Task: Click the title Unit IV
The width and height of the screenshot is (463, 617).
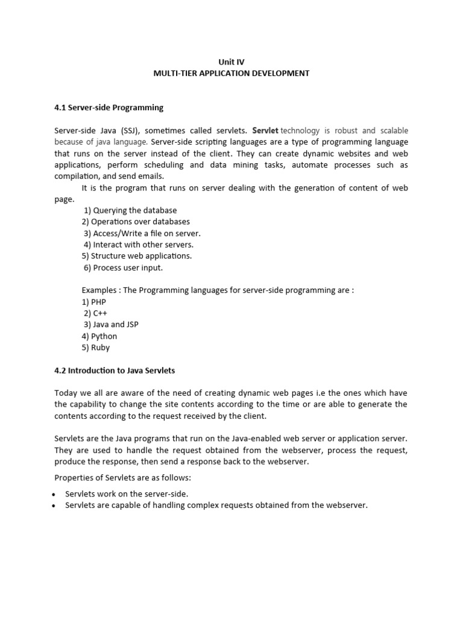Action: point(231,61)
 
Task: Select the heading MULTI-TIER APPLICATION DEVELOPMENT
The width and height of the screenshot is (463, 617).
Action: point(231,73)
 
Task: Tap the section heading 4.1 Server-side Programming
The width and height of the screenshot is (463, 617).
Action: point(109,108)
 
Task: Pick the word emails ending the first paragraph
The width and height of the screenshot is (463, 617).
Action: point(151,177)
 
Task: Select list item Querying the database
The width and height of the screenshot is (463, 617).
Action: point(130,210)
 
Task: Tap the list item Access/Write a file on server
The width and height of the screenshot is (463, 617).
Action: point(142,233)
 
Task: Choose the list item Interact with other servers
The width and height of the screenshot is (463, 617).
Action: point(139,245)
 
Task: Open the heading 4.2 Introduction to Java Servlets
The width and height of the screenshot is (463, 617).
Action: point(114,371)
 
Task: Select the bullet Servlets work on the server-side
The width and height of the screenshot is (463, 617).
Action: point(127,494)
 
